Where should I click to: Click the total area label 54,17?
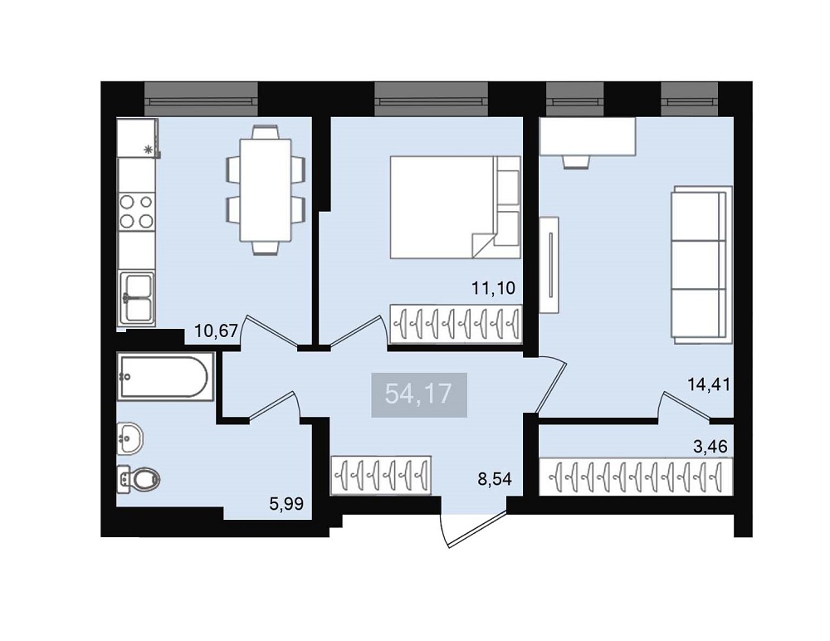click(418, 394)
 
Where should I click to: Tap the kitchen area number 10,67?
click(217, 331)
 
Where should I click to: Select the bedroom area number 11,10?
click(493, 288)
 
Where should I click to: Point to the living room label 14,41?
click(708, 384)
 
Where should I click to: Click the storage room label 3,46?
click(710, 446)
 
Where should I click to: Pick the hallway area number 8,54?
click(495, 479)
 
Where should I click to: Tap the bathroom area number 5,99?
click(286, 504)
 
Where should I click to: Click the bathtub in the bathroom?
click(166, 376)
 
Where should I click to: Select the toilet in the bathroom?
click(138, 480)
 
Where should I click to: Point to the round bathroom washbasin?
click(130, 438)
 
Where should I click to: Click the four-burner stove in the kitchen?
click(136, 211)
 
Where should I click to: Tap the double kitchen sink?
click(137, 298)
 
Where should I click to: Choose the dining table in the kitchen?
click(266, 190)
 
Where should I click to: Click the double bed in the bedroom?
click(455, 207)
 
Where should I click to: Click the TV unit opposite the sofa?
click(549, 265)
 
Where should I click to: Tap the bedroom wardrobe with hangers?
click(456, 323)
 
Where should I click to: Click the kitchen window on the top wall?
click(201, 99)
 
